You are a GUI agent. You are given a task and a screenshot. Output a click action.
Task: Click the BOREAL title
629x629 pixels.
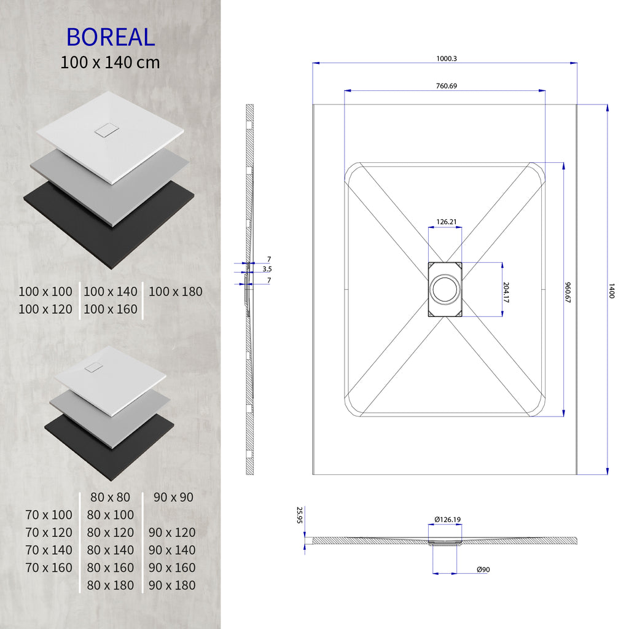pos(111,37)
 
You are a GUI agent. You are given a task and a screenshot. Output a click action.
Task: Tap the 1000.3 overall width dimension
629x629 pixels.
pos(447,58)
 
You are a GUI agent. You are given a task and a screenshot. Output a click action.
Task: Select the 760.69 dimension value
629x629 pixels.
pos(447,86)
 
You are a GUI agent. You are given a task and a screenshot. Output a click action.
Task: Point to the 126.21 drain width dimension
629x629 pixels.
pos(446,222)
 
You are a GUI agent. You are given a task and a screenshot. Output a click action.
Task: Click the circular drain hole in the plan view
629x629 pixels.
pos(445,289)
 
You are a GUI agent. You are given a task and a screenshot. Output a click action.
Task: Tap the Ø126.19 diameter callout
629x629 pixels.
pos(447,520)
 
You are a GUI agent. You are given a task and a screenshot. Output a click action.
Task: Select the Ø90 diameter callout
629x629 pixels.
pos(483,570)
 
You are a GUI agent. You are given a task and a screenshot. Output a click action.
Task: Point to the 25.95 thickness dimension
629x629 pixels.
pos(300,515)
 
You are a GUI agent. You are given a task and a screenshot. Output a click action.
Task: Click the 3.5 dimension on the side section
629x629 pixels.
pos(267,269)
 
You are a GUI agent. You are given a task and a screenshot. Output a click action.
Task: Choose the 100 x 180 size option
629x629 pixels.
pos(175,292)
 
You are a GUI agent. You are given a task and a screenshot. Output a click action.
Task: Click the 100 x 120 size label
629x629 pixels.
pos(45,309)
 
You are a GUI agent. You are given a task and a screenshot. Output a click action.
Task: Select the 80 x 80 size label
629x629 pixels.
pos(110,497)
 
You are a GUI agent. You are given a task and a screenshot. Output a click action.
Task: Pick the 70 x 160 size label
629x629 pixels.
pos(49,568)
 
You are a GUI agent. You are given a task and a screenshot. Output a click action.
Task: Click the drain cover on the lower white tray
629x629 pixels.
pos(93,367)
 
